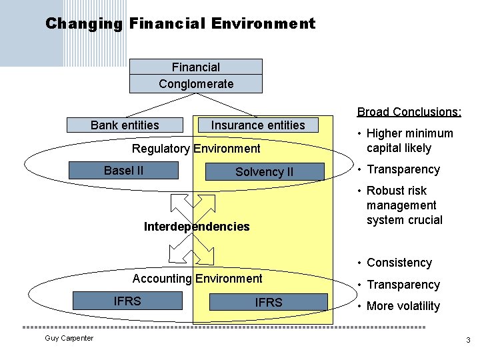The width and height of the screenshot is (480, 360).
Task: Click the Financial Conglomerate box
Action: tap(195, 75)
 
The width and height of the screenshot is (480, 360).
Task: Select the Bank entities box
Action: tap(125, 125)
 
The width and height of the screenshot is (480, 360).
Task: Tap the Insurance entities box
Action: tap(258, 125)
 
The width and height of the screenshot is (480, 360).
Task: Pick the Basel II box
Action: tap(123, 171)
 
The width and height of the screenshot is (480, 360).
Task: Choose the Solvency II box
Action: tap(264, 172)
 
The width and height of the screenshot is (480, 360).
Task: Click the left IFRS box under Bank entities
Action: tap(127, 301)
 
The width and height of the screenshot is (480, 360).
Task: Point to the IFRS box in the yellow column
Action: tap(269, 303)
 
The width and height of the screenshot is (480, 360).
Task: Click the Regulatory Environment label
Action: tap(196, 149)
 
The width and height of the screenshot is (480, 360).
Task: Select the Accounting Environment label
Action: tap(197, 279)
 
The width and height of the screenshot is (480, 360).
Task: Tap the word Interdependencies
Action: tap(197, 227)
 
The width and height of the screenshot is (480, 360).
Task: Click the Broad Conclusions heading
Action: tap(409, 111)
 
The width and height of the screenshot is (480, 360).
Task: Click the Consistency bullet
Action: tap(399, 263)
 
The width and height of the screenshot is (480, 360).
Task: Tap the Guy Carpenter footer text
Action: tap(69, 339)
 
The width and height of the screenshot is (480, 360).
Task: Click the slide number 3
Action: tap(468, 341)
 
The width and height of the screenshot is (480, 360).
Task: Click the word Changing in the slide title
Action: tap(84, 24)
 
